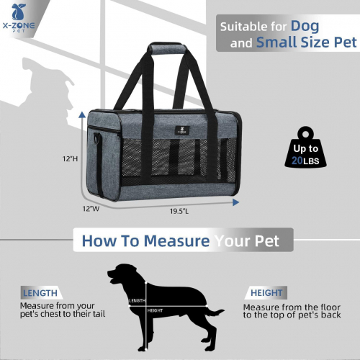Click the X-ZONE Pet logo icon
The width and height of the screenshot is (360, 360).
(19, 12)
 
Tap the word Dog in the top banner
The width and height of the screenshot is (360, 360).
(305, 27)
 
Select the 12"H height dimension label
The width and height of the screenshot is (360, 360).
(70, 158)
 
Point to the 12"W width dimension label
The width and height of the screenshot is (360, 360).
(91, 209)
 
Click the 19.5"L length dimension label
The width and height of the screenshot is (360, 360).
(179, 211)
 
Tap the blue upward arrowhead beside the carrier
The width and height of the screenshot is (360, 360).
(82, 114)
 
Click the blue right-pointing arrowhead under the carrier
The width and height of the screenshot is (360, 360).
(235, 202)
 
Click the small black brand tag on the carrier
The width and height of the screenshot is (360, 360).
(182, 130)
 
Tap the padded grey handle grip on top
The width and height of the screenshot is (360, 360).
(167, 48)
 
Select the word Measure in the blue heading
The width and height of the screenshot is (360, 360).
(176, 240)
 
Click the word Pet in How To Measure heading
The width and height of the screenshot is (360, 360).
(267, 240)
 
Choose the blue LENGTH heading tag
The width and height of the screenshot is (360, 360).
(40, 293)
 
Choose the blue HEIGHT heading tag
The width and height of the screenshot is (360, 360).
(266, 293)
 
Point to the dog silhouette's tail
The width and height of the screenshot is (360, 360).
(214, 311)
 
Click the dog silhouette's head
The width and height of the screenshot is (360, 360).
(121, 274)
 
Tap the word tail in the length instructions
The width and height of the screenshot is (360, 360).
(98, 314)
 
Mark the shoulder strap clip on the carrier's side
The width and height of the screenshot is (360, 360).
(96, 138)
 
